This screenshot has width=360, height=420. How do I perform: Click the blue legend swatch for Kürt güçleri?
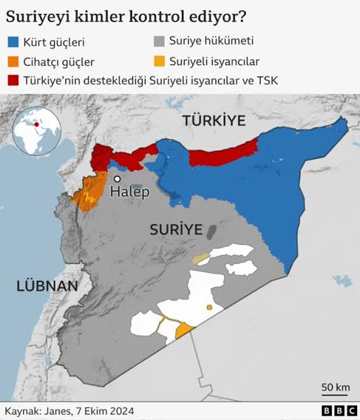click(x=13, y=43)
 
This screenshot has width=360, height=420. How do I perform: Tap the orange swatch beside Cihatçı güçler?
click(x=13, y=63)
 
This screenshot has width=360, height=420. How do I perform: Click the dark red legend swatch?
click(x=13, y=81)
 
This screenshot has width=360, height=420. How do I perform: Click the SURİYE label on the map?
click(x=175, y=230)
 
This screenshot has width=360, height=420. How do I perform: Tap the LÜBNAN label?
click(x=47, y=286)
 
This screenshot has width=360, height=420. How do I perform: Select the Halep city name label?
click(x=131, y=192)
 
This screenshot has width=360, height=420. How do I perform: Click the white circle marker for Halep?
click(x=117, y=179)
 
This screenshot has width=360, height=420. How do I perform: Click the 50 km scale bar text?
click(x=335, y=388)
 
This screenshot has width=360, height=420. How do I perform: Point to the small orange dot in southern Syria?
click(x=208, y=308)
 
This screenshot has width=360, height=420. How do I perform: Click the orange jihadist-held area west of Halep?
click(x=88, y=193)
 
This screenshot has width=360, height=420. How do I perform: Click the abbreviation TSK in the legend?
click(x=266, y=81)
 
